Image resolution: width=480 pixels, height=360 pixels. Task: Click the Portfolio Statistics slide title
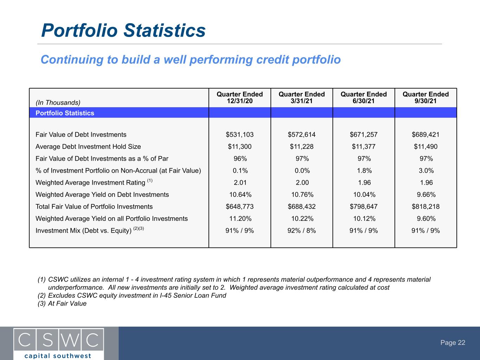123,30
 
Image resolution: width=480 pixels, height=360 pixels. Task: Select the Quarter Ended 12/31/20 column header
240,97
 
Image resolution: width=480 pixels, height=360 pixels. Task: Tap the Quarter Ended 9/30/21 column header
425,97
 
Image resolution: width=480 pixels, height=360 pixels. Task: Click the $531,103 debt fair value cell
240,134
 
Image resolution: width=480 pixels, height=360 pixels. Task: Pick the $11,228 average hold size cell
302,147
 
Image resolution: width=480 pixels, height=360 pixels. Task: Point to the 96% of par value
240,159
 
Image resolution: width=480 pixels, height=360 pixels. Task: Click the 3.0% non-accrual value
426,171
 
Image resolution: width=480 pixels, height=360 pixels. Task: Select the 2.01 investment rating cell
240,182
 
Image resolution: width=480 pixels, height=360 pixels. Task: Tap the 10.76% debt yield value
302,194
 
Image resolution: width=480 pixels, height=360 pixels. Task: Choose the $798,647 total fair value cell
364,207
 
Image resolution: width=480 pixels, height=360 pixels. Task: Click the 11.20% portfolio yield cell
240,219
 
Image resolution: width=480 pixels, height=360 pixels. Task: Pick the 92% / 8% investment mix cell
302,231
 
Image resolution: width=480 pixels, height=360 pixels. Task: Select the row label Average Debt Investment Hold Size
88,147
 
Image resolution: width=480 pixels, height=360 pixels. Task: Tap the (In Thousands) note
58,103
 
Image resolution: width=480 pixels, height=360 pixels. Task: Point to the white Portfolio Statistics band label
65,113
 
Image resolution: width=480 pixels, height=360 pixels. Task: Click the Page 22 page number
453,342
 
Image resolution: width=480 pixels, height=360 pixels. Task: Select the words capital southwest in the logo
58,356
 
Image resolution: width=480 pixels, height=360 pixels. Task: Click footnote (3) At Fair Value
62,303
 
